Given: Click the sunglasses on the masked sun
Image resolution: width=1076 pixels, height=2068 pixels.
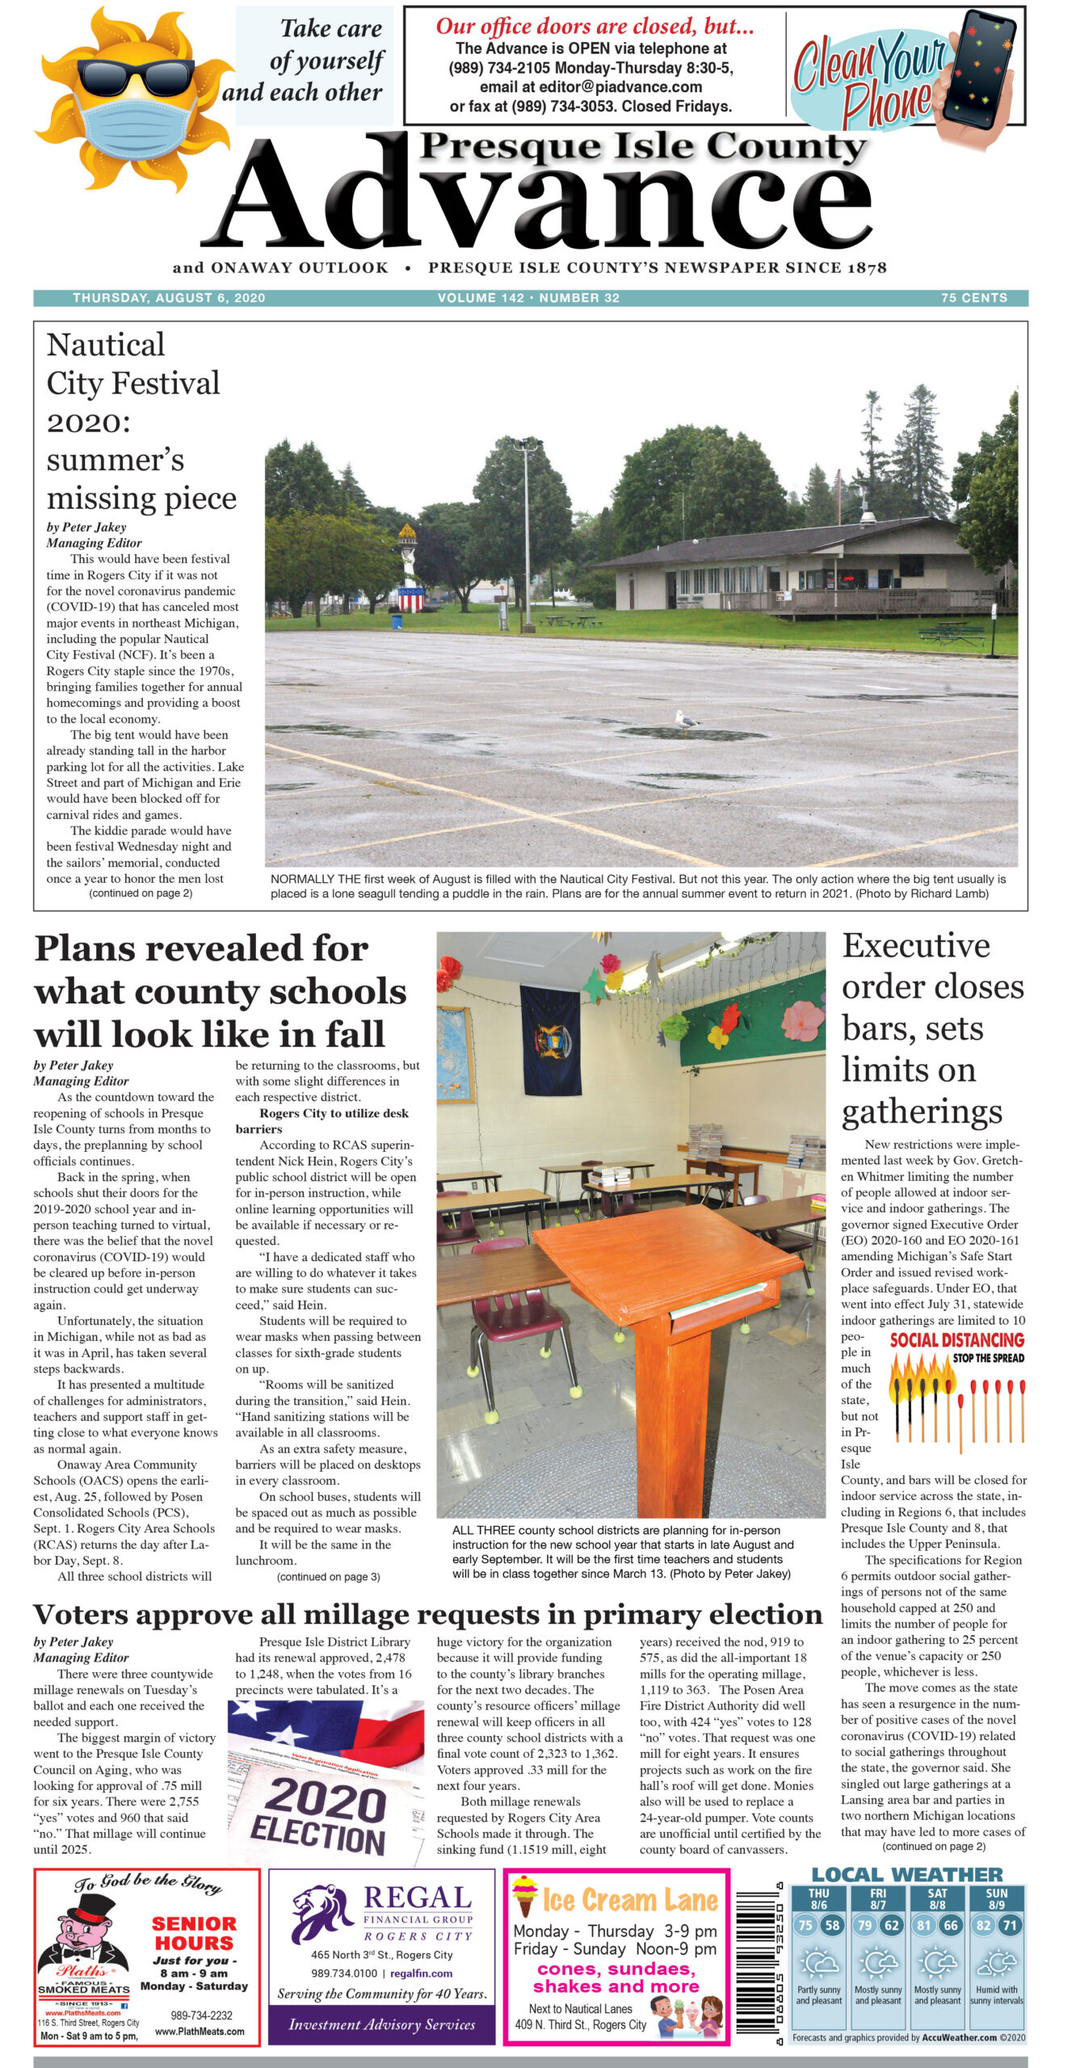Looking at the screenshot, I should point(135,77).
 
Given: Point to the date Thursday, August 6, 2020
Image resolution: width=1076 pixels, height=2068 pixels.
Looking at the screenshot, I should point(169,298).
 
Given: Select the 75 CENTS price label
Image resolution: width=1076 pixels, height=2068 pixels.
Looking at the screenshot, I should point(973,298).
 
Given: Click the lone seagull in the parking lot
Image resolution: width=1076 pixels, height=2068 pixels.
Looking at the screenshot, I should point(687,719).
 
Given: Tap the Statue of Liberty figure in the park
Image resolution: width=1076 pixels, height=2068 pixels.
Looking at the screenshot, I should point(409,565).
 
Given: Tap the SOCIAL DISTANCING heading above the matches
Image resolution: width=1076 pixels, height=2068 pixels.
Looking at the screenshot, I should point(956,1341).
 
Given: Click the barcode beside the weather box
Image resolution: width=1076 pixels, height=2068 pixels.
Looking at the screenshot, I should point(757,1957).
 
